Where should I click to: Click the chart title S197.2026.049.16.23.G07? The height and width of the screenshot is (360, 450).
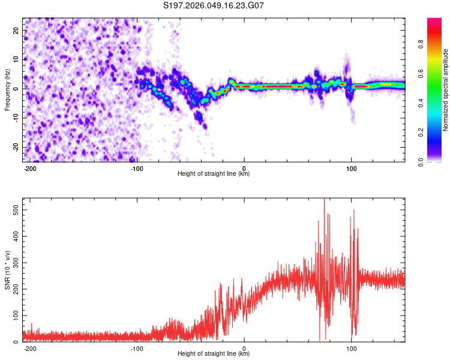214,5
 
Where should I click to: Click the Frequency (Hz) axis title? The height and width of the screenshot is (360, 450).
7,89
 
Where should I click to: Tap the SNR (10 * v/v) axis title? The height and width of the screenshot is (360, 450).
7,269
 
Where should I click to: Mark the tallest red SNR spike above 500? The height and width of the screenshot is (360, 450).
324,200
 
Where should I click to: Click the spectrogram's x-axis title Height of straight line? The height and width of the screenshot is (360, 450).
214,174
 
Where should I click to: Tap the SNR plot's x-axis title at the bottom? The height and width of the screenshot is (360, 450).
214,354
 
